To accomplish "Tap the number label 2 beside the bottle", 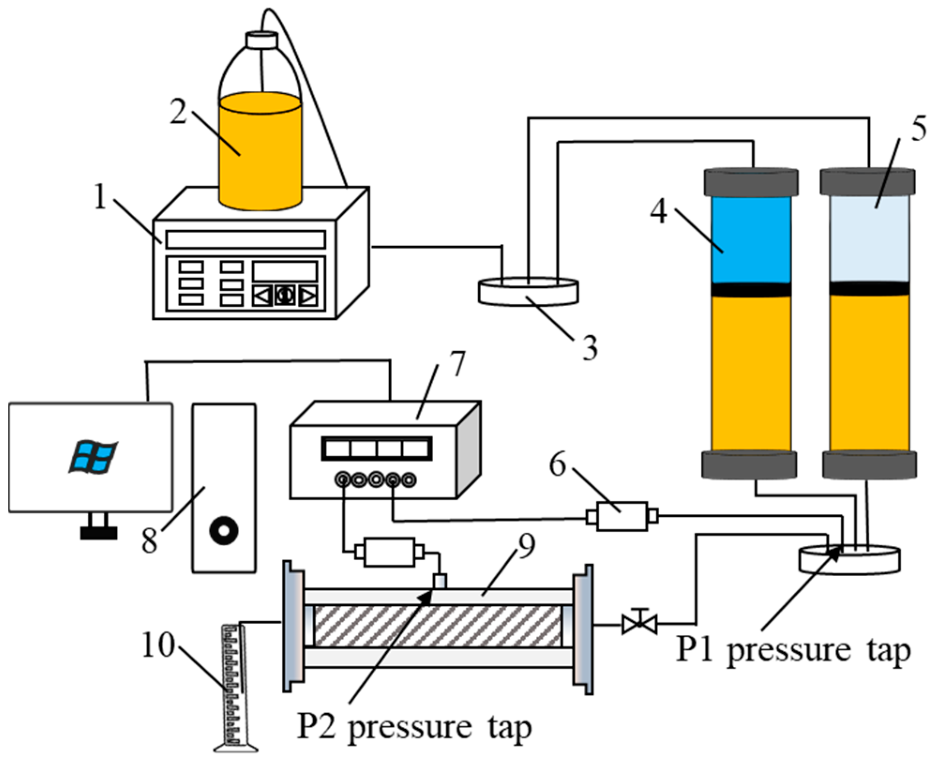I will tap(178, 112).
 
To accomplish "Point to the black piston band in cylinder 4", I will tap(751, 290).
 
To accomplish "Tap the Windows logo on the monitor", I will tap(93, 457).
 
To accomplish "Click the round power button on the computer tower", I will tap(224, 530).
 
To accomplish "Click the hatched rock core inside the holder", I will tap(437, 625).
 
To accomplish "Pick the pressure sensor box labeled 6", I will tap(622, 516).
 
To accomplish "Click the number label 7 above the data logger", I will tap(456, 364).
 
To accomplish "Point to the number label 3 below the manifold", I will tap(589, 348).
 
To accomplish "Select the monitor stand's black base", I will tap(98, 533).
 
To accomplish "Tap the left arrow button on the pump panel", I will tap(262, 296).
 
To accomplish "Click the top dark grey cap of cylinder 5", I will tap(867, 182).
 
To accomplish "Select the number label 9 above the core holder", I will tap(526, 547).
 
